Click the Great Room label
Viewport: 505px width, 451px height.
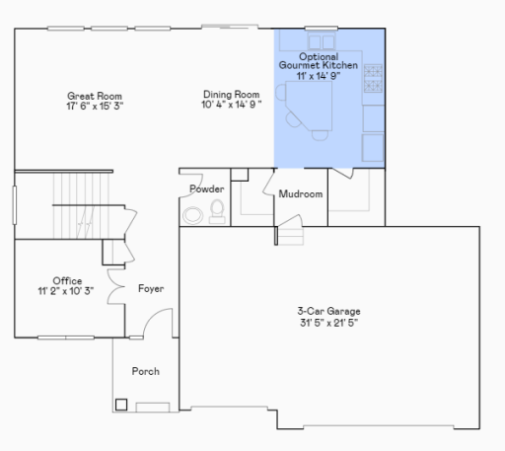pyautogui.click(x=95, y=95)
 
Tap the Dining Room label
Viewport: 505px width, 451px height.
pyautogui.click(x=232, y=95)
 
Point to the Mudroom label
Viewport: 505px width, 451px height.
pyautogui.click(x=301, y=194)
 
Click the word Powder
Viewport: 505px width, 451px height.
pyautogui.click(x=207, y=188)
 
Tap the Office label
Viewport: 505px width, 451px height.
pyautogui.click(x=67, y=281)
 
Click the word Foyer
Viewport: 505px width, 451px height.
pyautogui.click(x=150, y=288)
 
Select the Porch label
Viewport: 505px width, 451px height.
pyautogui.click(x=145, y=371)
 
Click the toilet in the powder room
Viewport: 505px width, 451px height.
pyautogui.click(x=216, y=209)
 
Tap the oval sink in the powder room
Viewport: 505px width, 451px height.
pyautogui.click(x=193, y=213)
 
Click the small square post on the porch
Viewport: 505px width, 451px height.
pyautogui.click(x=121, y=403)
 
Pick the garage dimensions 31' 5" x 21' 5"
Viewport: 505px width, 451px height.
pyautogui.click(x=330, y=323)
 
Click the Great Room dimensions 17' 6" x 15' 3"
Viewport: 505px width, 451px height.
pyautogui.click(x=95, y=105)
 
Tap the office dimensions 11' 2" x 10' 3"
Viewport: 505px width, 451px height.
pyautogui.click(x=67, y=292)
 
